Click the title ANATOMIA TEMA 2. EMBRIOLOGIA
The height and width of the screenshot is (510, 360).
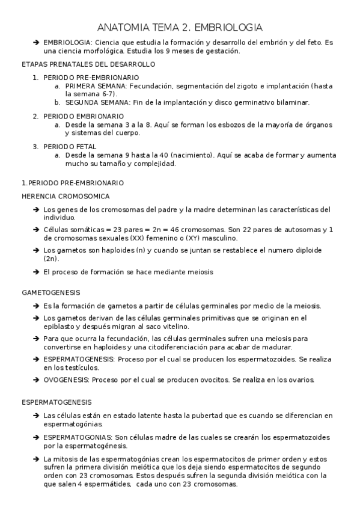tap(180, 28)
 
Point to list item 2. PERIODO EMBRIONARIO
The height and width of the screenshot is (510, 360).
tap(78, 115)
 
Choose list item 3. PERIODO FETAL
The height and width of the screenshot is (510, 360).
tap(64, 146)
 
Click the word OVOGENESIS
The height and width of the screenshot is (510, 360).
tap(65, 380)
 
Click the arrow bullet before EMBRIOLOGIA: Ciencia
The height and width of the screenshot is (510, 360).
tap(36, 43)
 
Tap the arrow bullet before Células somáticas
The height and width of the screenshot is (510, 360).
tap(36, 230)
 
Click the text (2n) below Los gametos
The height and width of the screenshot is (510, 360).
tap(52, 258)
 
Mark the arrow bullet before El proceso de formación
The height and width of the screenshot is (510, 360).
tap(36, 272)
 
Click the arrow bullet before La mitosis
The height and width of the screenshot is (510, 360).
tap(36, 459)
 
